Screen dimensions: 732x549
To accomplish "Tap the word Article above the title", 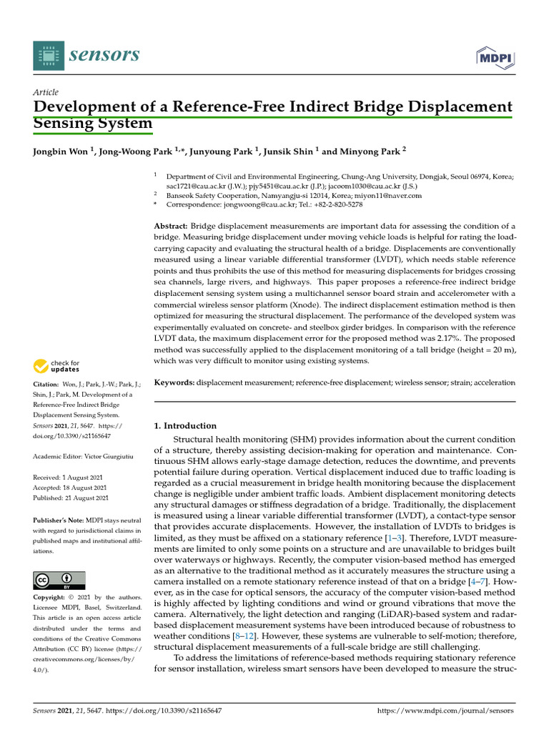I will click(46, 92).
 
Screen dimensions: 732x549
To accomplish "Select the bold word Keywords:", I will click(174, 382).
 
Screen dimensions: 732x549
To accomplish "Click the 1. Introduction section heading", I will click(185, 425).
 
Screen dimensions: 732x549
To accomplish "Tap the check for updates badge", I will click(56, 367).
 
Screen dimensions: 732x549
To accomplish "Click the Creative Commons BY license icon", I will click(59, 580).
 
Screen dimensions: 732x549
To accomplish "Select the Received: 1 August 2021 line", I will click(71, 477).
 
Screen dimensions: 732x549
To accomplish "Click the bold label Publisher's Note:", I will click(59, 521).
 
